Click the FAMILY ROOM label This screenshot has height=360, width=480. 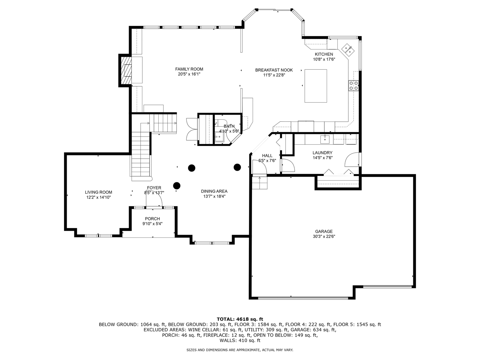[189, 69]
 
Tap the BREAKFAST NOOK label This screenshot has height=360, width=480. [274, 70]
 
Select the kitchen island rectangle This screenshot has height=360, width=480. [316, 86]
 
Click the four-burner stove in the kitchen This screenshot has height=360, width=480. [353, 86]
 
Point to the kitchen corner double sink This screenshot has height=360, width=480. [347, 50]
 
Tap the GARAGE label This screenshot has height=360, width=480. [324, 231]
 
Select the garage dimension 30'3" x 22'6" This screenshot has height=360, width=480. [324, 237]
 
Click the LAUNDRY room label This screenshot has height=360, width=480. [322, 153]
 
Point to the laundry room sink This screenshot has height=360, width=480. [325, 139]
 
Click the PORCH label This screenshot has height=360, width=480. [152, 219]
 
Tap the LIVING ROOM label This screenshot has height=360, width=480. [98, 192]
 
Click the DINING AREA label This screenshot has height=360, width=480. [214, 191]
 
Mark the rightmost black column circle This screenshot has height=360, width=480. [237, 167]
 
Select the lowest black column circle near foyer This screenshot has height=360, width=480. [177, 185]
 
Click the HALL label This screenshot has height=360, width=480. [267, 155]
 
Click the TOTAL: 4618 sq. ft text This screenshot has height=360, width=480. [240, 319]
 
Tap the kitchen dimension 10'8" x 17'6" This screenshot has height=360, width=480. [324, 59]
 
